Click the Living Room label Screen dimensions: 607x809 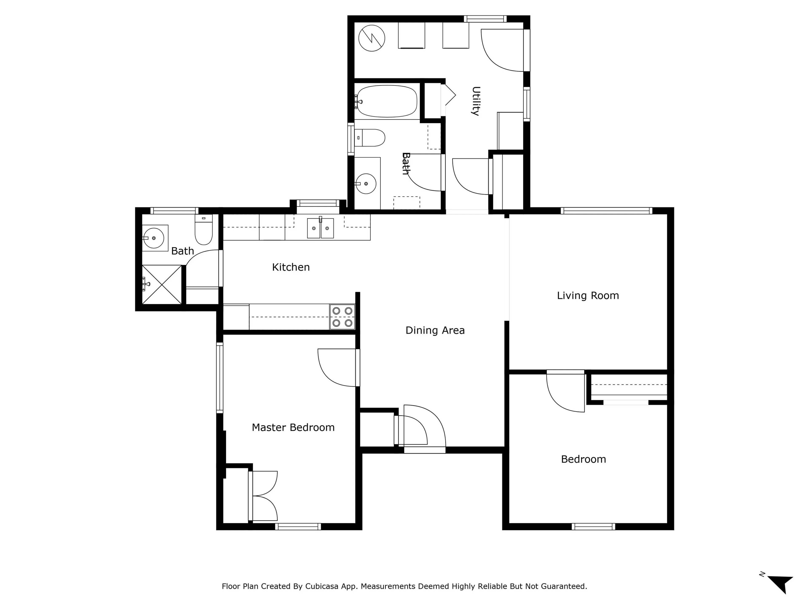[588, 296]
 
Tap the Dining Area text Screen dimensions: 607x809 [435, 330]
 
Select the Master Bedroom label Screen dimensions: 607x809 [293, 427]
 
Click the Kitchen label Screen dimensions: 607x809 [291, 267]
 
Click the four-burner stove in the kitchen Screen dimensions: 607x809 [342, 317]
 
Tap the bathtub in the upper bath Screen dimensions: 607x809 [387, 101]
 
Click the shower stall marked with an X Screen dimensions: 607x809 [162, 284]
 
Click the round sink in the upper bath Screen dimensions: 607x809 [366, 184]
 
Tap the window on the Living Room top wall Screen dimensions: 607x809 [606, 211]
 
